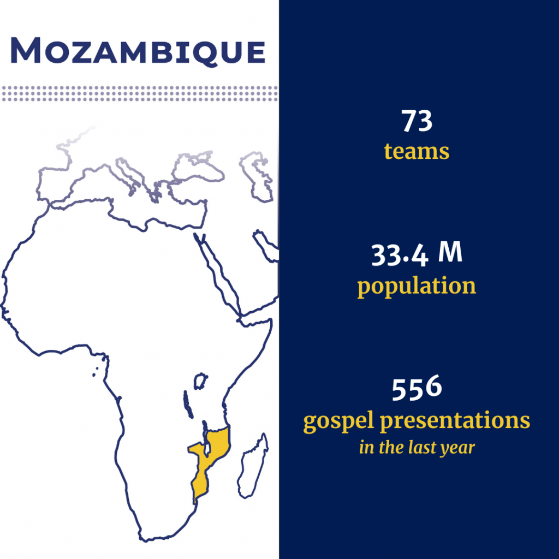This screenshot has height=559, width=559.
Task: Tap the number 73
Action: [x=417, y=121]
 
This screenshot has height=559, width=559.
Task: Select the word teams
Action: [x=417, y=152]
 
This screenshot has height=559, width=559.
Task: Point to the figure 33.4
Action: [x=399, y=255]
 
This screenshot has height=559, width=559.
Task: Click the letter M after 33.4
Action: [x=450, y=252]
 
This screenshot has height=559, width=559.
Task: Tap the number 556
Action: [x=417, y=388]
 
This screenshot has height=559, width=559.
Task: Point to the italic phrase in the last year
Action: [x=417, y=447]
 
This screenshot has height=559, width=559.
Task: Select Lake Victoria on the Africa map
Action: [x=201, y=381]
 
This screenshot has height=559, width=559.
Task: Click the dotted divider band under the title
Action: [x=140, y=93]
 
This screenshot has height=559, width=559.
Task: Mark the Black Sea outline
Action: [x=198, y=165]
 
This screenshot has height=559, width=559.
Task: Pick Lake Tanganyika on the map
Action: [x=188, y=405]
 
